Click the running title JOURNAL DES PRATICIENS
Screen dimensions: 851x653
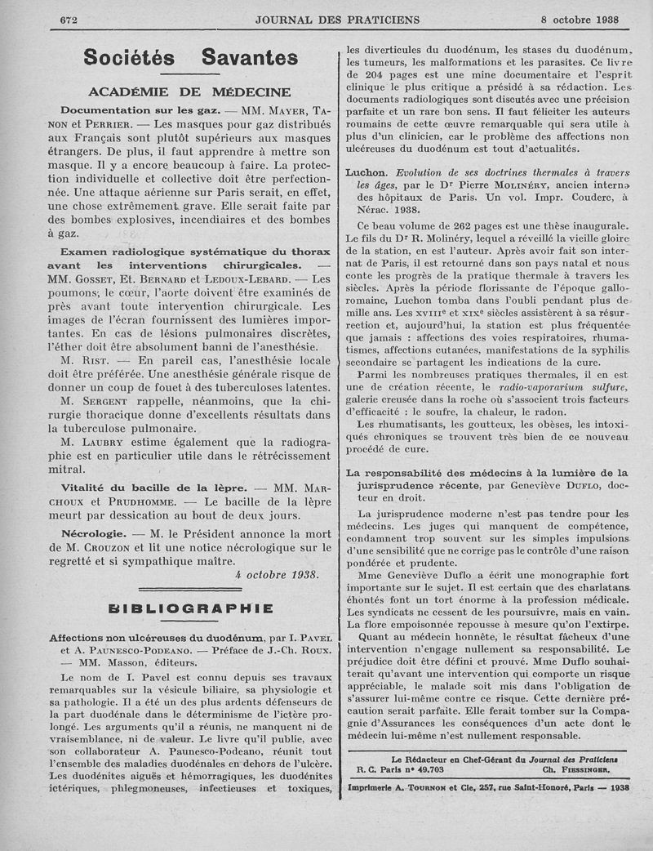pos(337,19)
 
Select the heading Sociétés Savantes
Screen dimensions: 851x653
pos(191,58)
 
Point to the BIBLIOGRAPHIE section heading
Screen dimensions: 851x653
pos(189,608)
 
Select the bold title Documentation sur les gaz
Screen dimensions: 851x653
pos(135,109)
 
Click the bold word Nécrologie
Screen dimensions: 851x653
pos(92,532)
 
